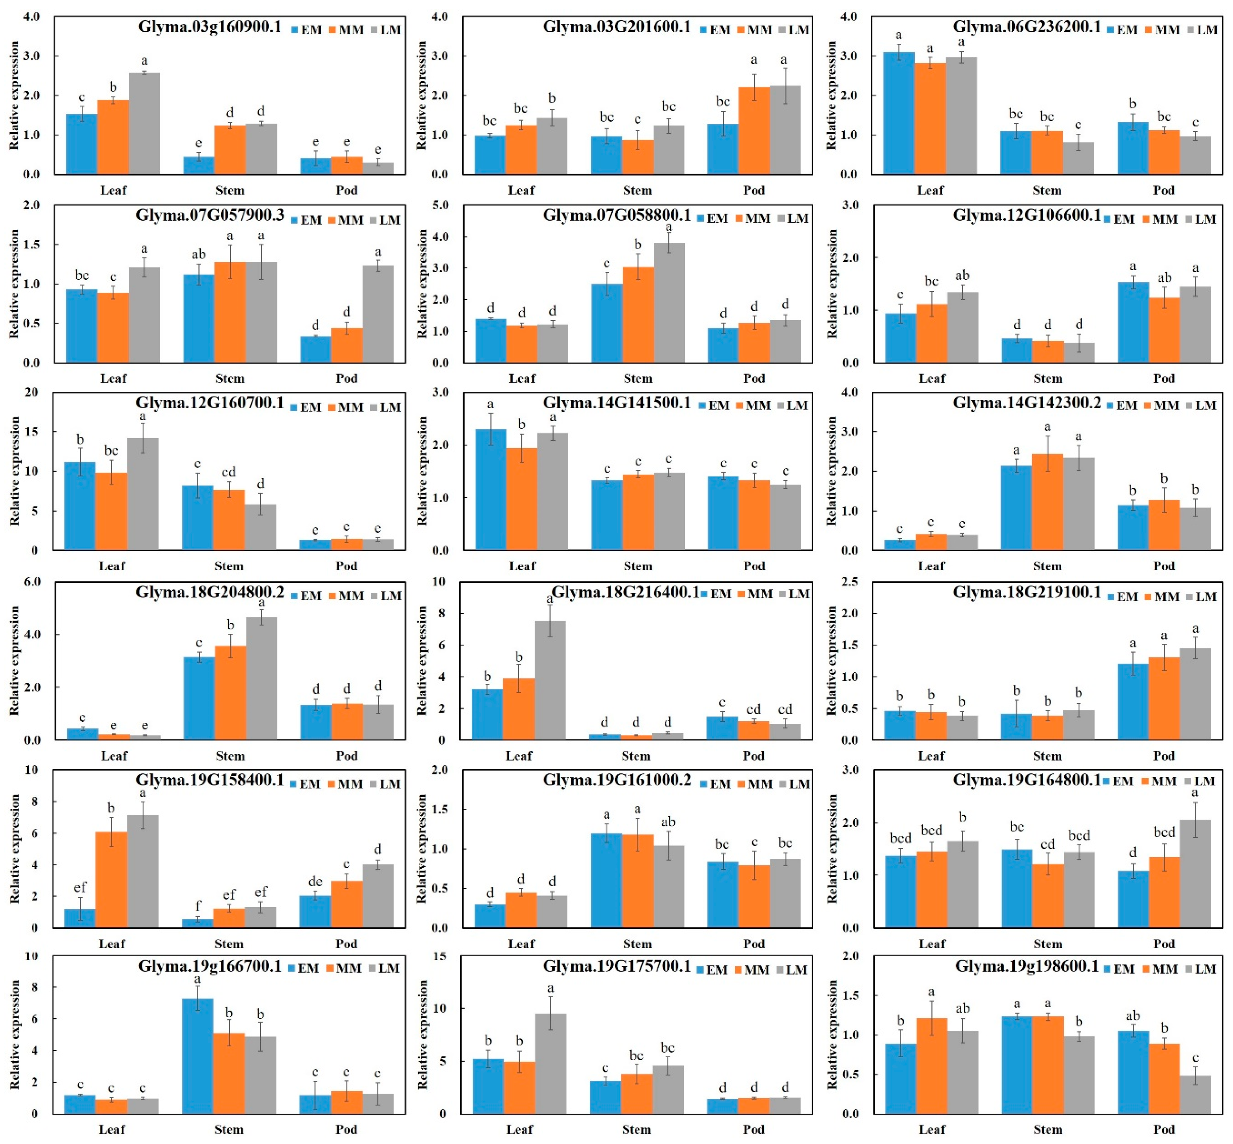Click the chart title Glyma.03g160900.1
[x=209, y=27]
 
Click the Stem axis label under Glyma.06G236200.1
[x=1047, y=190]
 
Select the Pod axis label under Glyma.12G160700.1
[x=347, y=565]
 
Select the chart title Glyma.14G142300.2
[x=1026, y=403]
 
